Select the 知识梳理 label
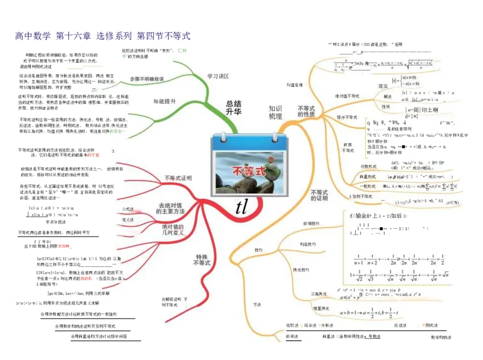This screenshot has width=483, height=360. [x=275, y=112]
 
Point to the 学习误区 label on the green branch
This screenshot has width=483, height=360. [x=218, y=77]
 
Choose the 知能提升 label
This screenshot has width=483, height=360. [x=164, y=101]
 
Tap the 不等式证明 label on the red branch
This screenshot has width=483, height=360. [x=178, y=179]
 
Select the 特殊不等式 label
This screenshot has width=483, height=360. [x=202, y=259]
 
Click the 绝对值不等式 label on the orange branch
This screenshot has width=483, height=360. [x=347, y=96]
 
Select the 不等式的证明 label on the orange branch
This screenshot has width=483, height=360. [x=319, y=194]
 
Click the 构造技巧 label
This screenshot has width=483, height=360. [x=307, y=244]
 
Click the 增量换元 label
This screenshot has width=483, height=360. [x=319, y=309]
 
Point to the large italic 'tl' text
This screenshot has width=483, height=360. [x=241, y=207]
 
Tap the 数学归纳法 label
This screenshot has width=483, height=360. [x=441, y=337]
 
